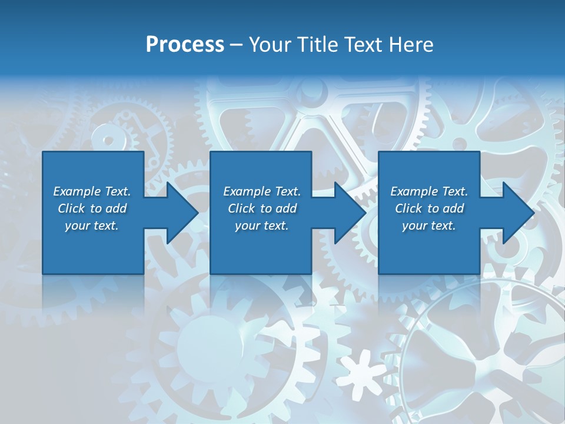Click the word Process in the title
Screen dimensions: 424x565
tap(185, 45)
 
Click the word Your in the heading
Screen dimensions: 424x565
tap(271, 45)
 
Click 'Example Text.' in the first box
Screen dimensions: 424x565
tap(92, 191)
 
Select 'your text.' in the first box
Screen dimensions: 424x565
tap(92, 226)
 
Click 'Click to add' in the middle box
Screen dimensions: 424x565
tap(262, 208)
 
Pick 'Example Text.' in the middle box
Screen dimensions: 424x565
tap(262, 191)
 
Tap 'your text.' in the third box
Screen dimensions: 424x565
tap(429, 226)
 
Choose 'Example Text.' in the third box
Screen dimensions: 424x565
tap(429, 191)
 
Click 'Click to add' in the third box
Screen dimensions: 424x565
tap(429, 208)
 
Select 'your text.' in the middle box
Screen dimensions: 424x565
tap(262, 226)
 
